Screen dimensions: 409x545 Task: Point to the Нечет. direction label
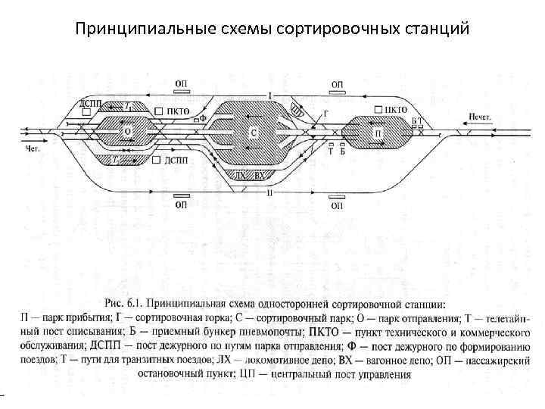click(x=479, y=116)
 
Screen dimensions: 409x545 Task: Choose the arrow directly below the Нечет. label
click(x=475, y=127)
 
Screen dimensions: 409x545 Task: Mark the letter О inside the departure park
click(x=127, y=131)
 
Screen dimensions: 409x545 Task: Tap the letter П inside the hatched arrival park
click(x=378, y=133)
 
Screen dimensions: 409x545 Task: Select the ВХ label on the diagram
click(x=260, y=175)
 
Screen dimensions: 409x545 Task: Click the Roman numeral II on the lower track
click(x=269, y=192)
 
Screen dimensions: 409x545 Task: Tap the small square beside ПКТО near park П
click(x=375, y=111)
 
